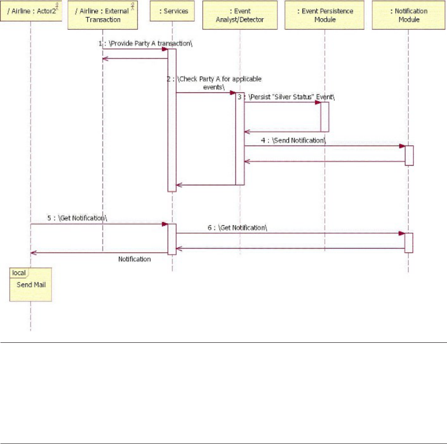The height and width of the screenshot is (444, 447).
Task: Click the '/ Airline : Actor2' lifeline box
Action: [x=31, y=10]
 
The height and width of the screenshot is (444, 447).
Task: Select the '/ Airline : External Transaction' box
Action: [x=103, y=15]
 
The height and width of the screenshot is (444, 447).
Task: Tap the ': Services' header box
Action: [x=172, y=10]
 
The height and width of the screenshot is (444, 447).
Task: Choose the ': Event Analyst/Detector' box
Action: [x=240, y=15]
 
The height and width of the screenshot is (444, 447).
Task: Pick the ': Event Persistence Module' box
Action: [x=325, y=15]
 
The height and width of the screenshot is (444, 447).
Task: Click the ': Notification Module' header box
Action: [x=408, y=15]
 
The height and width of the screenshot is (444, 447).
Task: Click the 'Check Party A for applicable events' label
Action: [x=214, y=83]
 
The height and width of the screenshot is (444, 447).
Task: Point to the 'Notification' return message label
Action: [x=134, y=258]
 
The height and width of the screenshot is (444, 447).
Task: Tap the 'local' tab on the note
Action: [x=19, y=272]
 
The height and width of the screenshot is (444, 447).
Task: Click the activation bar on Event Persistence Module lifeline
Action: [x=325, y=117]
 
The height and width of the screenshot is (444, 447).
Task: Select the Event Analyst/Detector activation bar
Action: [x=240, y=140]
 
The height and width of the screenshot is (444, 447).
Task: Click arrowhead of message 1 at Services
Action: [x=165, y=49]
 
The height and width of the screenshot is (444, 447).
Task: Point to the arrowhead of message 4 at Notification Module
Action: [x=402, y=146]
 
